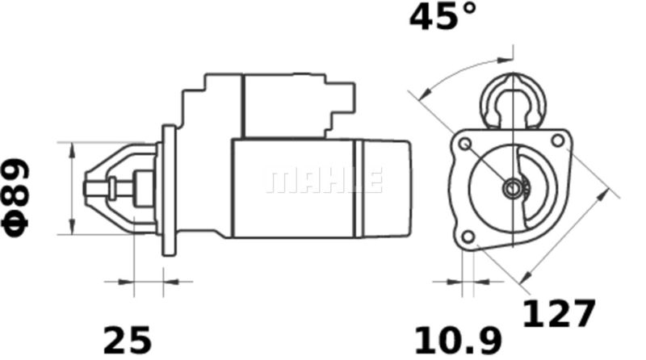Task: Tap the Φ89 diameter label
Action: click(x=15, y=198)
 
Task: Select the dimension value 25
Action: click(x=128, y=341)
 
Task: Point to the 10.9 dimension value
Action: click(x=458, y=341)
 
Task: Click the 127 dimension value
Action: click(x=559, y=313)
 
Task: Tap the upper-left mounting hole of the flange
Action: click(x=465, y=144)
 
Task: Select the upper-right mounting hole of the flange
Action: click(x=557, y=140)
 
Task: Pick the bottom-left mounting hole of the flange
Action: click(x=468, y=237)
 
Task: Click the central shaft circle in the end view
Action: click(x=512, y=189)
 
